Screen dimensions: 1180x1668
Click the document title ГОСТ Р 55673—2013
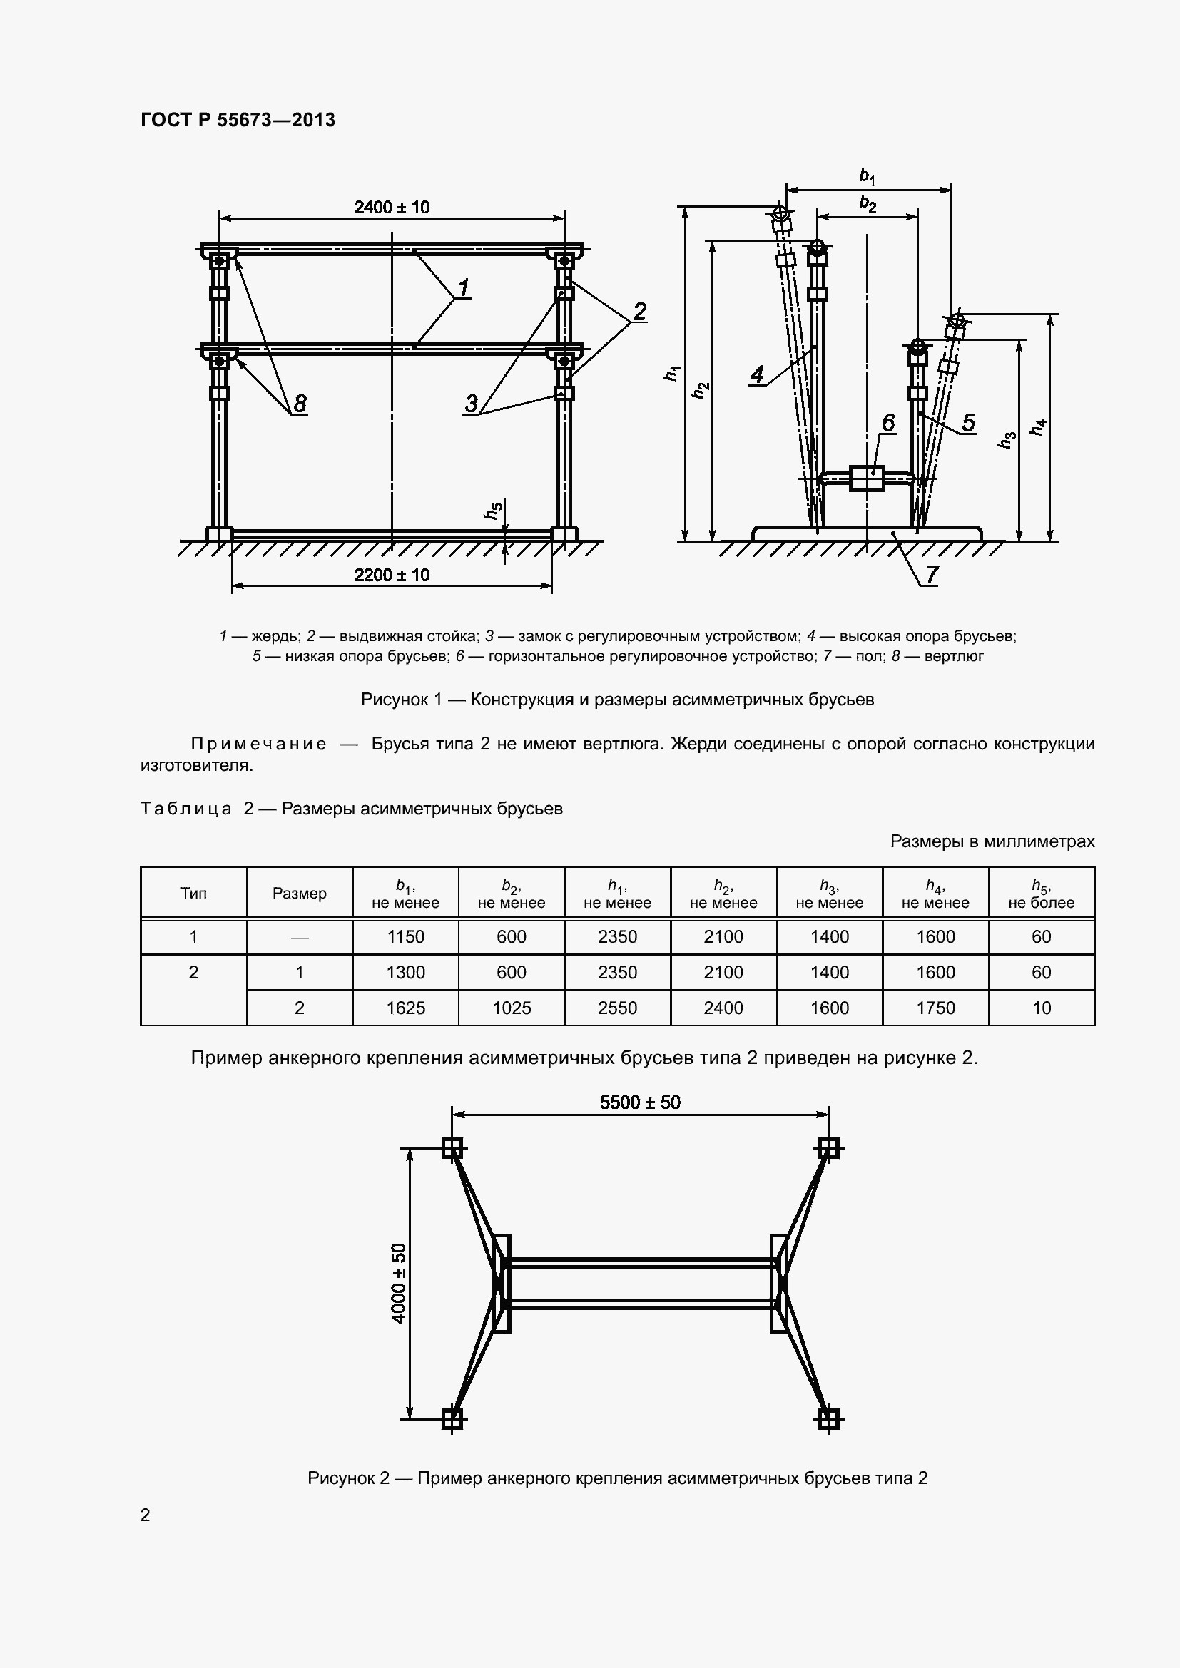238,120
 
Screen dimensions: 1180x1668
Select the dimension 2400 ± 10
392,207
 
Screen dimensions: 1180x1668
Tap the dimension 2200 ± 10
392,575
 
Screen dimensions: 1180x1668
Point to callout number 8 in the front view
300,403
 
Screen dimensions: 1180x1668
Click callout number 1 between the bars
463,287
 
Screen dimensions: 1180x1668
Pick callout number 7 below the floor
931,574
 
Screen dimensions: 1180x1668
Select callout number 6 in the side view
888,423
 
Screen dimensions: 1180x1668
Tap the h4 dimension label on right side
1039,427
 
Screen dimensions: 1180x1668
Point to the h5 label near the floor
494,511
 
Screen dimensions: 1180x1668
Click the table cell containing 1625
405,1008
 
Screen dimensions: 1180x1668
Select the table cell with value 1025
512,1008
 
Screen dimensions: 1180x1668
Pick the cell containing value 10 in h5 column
1041,1008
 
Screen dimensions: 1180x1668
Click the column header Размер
300,894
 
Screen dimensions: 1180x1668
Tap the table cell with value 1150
405,936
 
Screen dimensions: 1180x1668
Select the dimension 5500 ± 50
639,1102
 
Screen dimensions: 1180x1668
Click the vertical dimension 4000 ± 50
399,1284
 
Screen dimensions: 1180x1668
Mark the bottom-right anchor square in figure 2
828,1419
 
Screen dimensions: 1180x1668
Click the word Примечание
258,744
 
